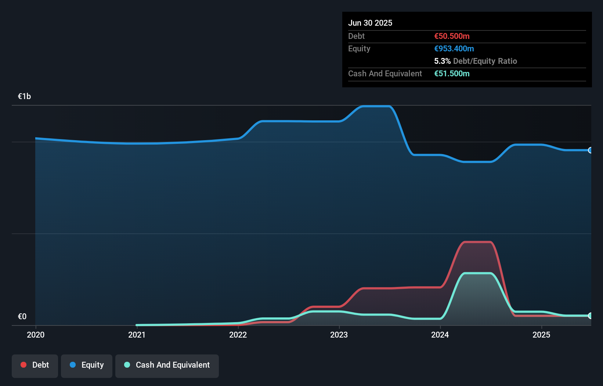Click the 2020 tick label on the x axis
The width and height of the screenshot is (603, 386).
point(36,335)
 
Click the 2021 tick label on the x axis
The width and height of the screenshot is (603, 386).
point(137,335)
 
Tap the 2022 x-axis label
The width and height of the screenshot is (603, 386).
point(238,335)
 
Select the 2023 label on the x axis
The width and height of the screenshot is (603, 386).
point(339,335)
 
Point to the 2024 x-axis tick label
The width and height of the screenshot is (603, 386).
point(440,335)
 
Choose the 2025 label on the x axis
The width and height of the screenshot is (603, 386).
point(541,335)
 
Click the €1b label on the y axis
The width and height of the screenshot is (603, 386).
point(24,96)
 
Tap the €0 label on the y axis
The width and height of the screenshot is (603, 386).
point(22,316)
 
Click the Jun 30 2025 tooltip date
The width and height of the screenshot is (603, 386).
point(370,23)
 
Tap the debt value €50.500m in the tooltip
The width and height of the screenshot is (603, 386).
point(452,36)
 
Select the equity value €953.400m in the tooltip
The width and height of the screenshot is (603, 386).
point(454,48)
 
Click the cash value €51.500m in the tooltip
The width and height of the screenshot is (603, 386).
point(452,73)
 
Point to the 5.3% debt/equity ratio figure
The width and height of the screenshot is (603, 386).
point(442,61)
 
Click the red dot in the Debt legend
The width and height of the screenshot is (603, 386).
point(24,365)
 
